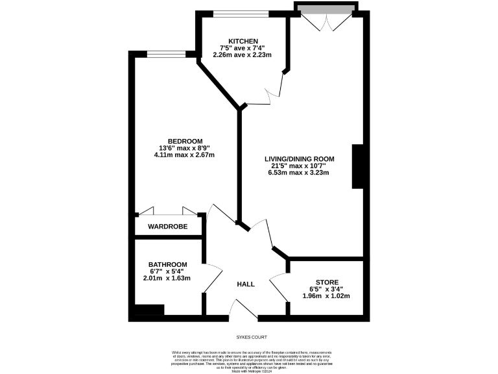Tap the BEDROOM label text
coord(185,141)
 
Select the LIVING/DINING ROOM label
coord(299,158)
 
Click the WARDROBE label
coord(167,227)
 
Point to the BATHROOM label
coord(167,264)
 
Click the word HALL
coord(245,284)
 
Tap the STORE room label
coord(326,282)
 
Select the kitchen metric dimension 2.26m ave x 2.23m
coord(242,55)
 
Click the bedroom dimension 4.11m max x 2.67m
coord(184,155)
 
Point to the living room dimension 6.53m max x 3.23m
coord(299,173)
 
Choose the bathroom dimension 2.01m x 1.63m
coord(167,278)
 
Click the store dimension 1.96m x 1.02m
coord(326,296)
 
